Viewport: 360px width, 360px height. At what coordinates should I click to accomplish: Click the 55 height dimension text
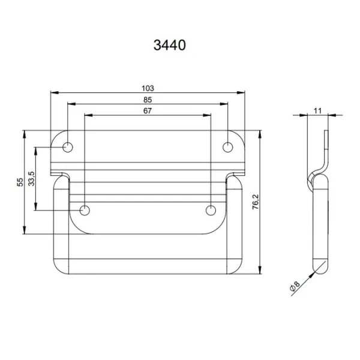tap(20, 182)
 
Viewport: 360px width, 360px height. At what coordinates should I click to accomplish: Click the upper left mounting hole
tap(68, 147)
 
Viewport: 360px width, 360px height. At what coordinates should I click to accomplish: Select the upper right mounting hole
tap(228, 147)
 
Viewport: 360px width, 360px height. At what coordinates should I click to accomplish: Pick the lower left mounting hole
tap(85, 210)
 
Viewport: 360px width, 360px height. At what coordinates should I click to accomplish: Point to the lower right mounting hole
tap(211, 210)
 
